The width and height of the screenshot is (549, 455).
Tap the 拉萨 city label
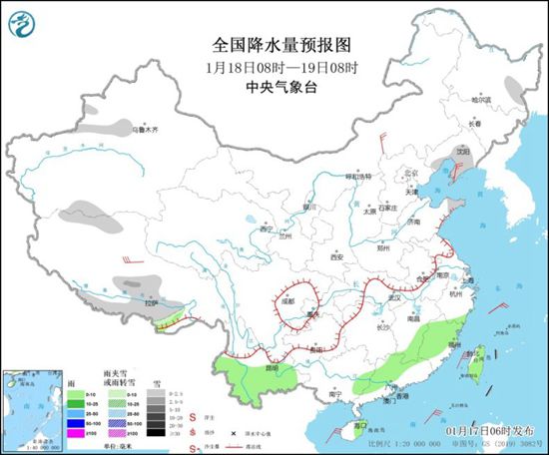point(152,302)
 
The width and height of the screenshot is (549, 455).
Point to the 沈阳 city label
point(461,152)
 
